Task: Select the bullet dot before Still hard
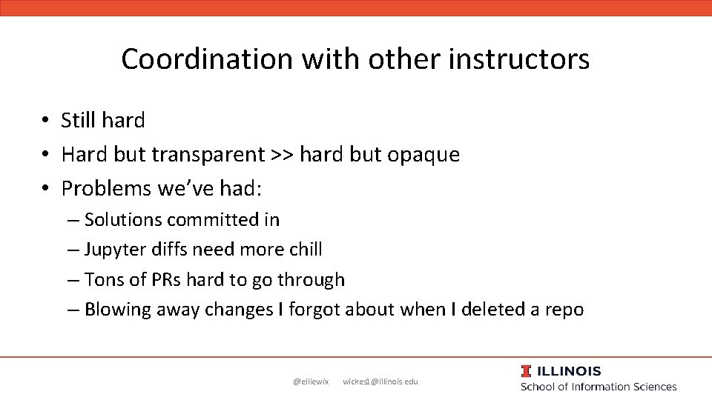click(x=45, y=120)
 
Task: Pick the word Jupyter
click(x=116, y=250)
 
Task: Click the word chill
click(x=306, y=250)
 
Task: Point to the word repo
click(x=564, y=310)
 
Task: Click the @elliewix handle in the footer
click(x=311, y=381)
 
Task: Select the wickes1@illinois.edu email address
click(x=380, y=381)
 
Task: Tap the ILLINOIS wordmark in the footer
click(x=570, y=371)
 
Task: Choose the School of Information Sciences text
click(x=599, y=386)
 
